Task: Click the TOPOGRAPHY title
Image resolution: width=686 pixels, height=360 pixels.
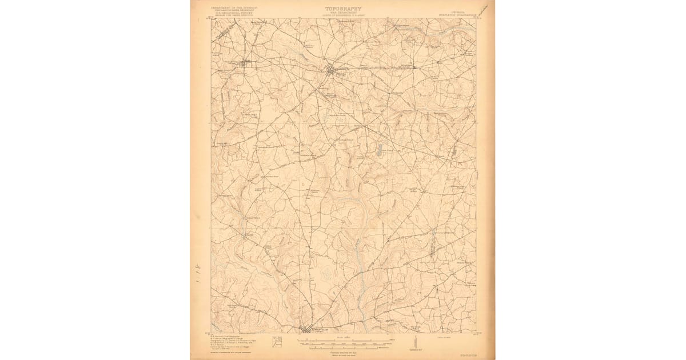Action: [343, 9]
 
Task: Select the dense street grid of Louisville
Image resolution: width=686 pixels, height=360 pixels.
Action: [309, 330]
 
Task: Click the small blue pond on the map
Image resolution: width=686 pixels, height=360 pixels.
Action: [378, 151]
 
